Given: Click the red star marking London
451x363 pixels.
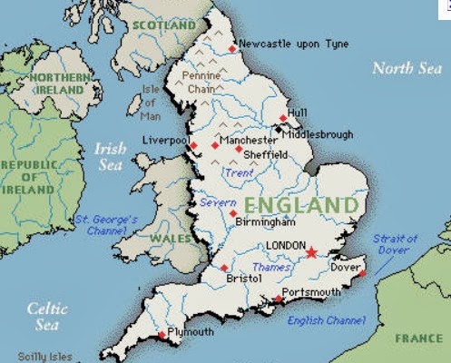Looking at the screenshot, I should click(312, 252).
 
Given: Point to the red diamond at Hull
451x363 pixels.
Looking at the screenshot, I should click(283, 117).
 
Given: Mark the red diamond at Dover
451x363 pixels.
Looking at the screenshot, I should click(362, 272).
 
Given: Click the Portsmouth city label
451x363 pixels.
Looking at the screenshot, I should click(310, 291).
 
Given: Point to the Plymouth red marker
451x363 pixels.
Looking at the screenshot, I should click(162, 335).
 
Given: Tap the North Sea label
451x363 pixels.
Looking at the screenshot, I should click(407, 67).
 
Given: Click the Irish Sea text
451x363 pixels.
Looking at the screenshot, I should click(110, 155).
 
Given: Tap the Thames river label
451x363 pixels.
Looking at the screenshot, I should click(271, 267).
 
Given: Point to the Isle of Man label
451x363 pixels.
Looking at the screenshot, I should click(151, 101).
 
